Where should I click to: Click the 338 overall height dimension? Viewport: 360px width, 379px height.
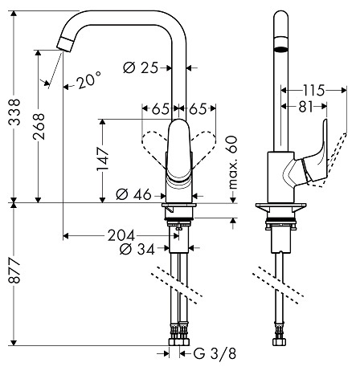tap(14, 112)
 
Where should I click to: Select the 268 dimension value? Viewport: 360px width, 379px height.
tap(39, 126)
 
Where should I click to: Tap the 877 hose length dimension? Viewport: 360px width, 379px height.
tap(14, 271)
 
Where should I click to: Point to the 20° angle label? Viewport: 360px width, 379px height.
tap(89, 80)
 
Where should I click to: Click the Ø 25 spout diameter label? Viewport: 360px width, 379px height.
tap(141, 67)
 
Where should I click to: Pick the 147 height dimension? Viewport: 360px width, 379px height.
tap(103, 159)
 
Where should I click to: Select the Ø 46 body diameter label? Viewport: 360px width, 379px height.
tap(133, 194)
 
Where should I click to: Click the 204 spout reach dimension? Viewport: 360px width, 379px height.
tap(121, 236)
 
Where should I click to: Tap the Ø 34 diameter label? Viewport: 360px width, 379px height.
tap(137, 250)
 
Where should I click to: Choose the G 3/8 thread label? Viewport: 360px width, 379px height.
tap(215, 354)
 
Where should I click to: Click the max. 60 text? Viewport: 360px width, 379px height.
tap(233, 163)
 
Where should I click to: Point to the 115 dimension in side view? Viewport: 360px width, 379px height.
tap(313, 91)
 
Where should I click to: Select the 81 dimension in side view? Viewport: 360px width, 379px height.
tap(306, 107)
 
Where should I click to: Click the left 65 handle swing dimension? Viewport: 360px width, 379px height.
tap(161, 108)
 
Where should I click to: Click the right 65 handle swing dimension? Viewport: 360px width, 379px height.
tap(198, 108)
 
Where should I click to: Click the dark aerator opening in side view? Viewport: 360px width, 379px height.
tap(280, 49)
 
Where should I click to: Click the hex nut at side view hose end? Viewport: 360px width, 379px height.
tap(280, 342)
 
